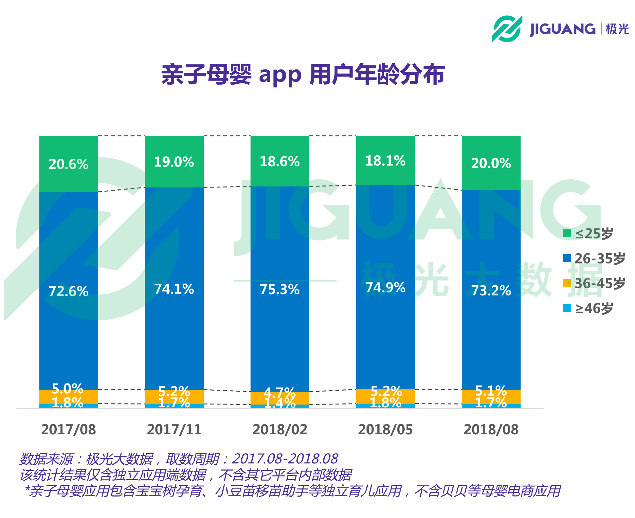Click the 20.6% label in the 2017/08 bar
(69, 164)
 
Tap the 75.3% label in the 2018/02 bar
(280, 290)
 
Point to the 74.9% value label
(385, 288)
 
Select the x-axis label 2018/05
(385, 430)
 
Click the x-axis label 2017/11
(174, 430)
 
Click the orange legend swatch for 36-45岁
(567, 283)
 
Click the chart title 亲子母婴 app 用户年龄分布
(303, 75)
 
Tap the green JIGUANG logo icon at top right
(507, 29)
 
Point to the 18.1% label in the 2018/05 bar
(385, 161)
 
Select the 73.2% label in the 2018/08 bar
(491, 291)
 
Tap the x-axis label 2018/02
(280, 430)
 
